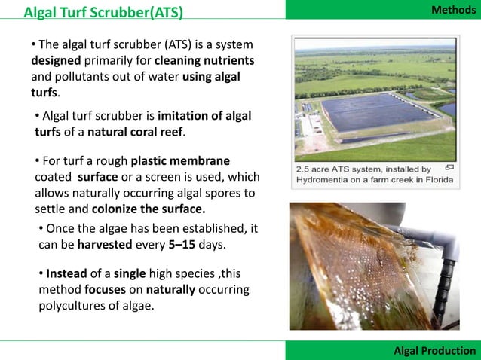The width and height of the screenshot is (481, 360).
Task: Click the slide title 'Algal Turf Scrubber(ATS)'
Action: (103, 12)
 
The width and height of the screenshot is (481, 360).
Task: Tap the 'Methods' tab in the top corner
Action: (453, 9)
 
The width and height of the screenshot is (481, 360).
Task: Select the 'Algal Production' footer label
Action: (436, 351)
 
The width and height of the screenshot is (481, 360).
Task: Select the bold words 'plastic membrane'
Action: (180, 161)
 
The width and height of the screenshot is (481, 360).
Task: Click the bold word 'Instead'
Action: (70, 273)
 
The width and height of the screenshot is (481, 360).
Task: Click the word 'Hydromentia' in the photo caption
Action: (326, 180)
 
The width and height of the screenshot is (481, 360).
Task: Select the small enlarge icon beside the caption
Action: (449, 168)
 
